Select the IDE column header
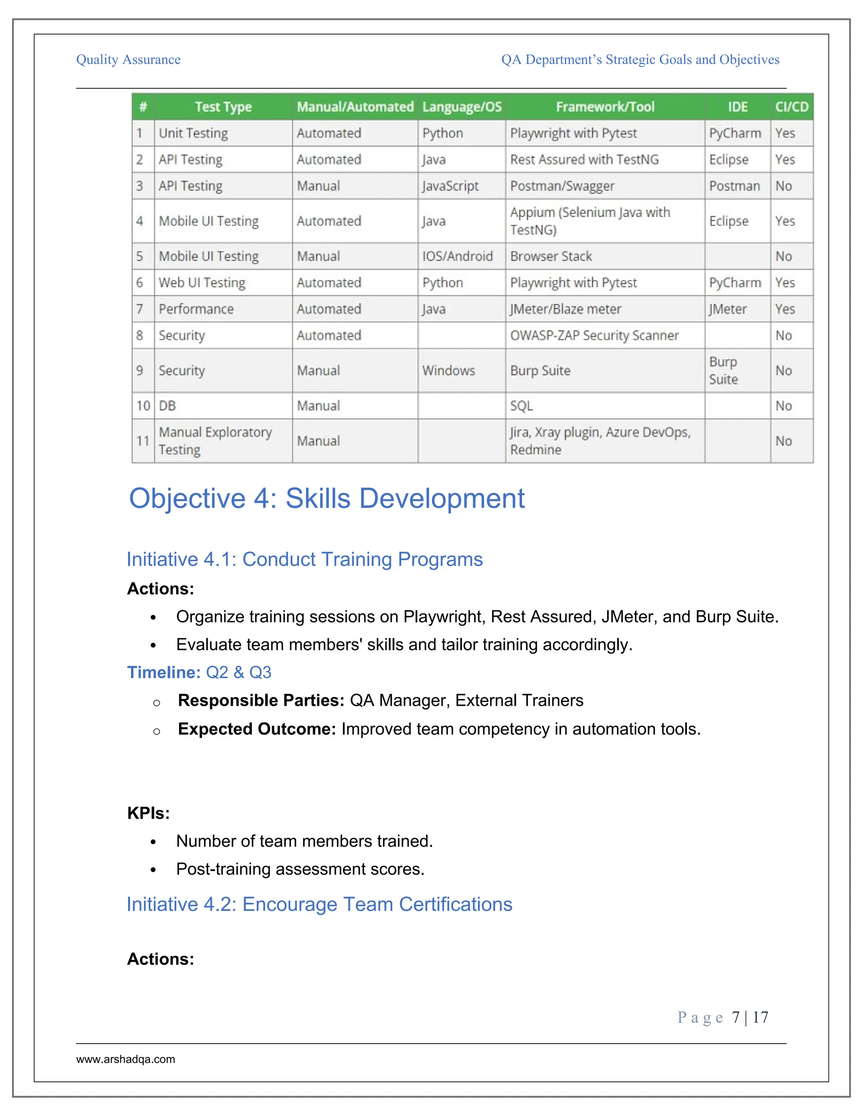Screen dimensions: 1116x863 pos(737,107)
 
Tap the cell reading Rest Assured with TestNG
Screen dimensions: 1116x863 pos(584,160)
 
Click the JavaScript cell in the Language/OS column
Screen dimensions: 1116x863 pos(450,186)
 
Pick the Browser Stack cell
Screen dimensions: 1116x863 pos(551,256)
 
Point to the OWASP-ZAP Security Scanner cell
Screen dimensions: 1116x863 pos(594,335)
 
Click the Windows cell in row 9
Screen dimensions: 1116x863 pos(448,371)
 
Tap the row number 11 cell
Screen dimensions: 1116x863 pos(143,441)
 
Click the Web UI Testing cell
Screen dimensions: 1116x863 pos(202,283)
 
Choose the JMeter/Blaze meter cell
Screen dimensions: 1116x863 pos(566,309)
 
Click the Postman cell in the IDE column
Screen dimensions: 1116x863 pos(734,186)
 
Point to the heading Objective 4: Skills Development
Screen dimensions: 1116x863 pos(327,498)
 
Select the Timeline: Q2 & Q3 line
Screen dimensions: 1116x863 pos(199,673)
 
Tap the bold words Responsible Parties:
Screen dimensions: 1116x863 pos(261,701)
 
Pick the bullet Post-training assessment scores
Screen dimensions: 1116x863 pos(300,869)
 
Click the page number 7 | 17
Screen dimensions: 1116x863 pos(750,1017)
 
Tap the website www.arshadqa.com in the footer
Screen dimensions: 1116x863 pos(126,1059)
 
